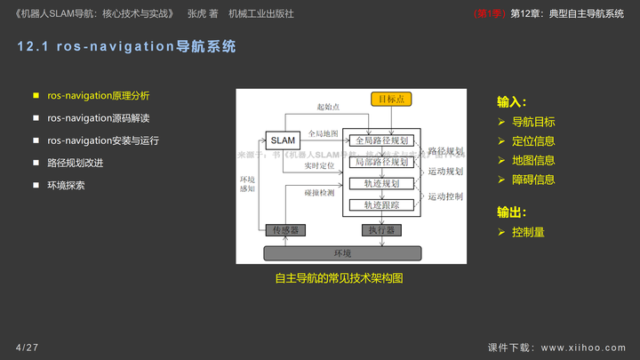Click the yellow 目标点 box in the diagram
pos(392,100)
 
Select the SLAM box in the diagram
pos(283,140)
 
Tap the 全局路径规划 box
pos(381,140)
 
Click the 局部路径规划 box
pos(381,162)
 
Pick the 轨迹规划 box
pos(381,184)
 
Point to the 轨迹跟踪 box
pos(381,205)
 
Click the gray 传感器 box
pos(285,230)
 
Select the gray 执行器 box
pos(381,230)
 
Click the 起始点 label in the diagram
pos(328,108)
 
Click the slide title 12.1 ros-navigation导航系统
pos(126,46)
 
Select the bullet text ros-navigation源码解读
pos(99,117)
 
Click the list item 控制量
pos(528,232)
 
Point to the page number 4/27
pos(27,346)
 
